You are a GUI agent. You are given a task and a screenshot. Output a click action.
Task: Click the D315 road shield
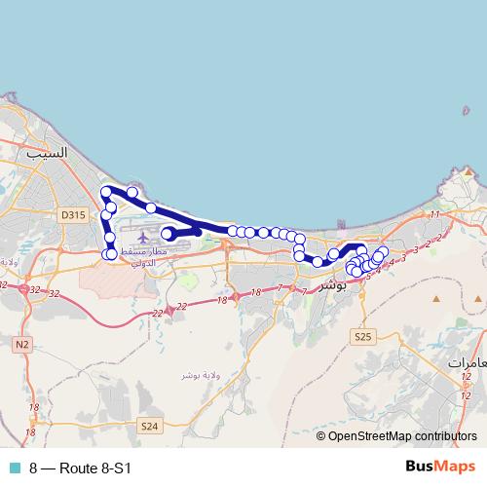[x=72, y=215]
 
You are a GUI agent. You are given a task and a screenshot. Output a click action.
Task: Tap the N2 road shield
[x=22, y=344]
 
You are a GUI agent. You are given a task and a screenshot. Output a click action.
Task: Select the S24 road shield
[x=148, y=426]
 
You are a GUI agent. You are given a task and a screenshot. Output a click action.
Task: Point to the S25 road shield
[x=363, y=336]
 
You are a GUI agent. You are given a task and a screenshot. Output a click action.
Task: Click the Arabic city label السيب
[x=48, y=153]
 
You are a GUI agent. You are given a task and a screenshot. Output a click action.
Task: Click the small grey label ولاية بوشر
[x=199, y=375]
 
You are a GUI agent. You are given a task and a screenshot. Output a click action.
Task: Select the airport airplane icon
[x=143, y=237]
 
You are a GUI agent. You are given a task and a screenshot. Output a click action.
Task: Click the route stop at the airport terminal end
[x=168, y=233]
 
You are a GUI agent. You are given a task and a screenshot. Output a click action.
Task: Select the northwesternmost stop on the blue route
[x=107, y=193]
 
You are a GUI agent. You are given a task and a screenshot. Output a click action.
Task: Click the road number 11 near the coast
[x=434, y=214]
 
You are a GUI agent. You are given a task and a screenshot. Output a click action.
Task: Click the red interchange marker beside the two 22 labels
[x=169, y=310]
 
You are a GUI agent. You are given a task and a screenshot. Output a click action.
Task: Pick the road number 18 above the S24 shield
[x=34, y=407]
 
